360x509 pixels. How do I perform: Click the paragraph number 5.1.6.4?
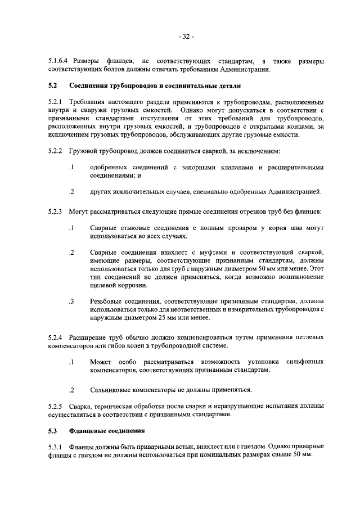coord(58,61)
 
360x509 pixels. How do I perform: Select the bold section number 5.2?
coord(53,87)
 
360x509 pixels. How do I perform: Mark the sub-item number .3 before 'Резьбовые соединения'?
coord(71,301)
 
